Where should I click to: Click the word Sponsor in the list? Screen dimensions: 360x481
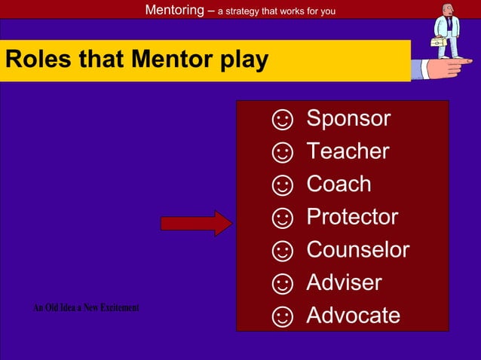pos(348,118)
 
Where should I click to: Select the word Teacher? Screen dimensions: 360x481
pos(348,151)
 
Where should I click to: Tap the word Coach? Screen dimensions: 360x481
pos(339,184)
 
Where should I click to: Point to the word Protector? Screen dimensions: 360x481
pos(352,217)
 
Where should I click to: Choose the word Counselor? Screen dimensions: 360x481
pos(357,249)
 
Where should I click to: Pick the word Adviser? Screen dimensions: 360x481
pos(344,282)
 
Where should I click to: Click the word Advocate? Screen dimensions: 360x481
pos(353,316)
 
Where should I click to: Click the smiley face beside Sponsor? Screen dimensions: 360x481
pos(282,120)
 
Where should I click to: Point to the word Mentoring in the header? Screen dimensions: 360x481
pos(173,10)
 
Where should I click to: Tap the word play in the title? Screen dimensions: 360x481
pos(243,60)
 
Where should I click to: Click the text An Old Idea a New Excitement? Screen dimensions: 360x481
pos(86,308)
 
